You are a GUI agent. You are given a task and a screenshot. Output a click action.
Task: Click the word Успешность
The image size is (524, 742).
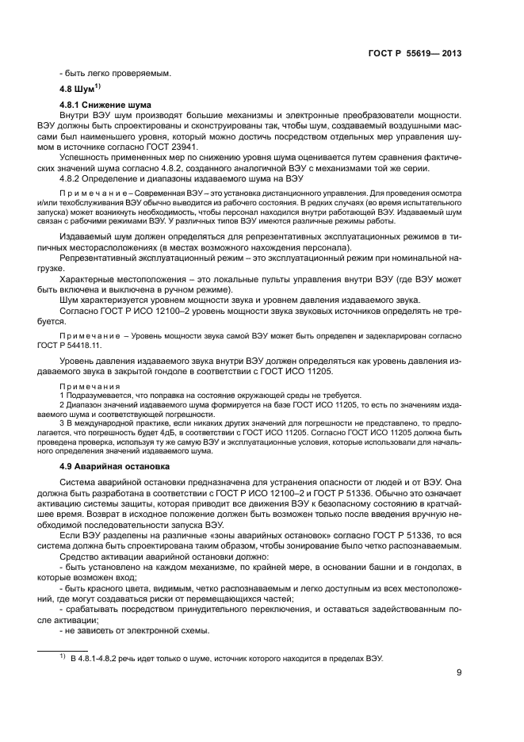coord(86,158)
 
